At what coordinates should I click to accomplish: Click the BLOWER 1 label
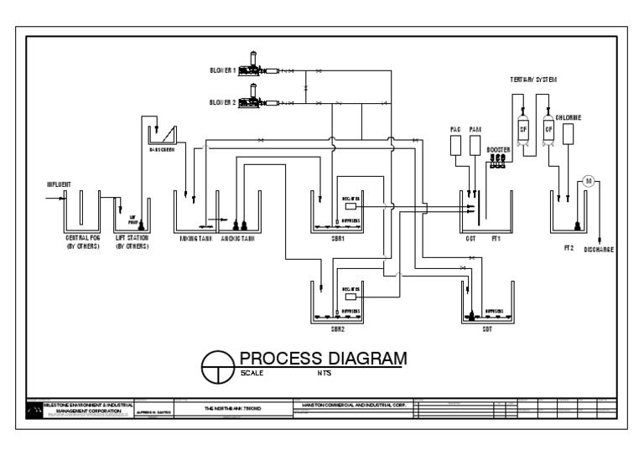coord(223,70)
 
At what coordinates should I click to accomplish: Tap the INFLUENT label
coord(59,184)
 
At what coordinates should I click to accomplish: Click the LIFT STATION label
coord(132,238)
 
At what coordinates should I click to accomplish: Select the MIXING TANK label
coord(194,238)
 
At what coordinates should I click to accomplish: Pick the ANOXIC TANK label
coord(237,238)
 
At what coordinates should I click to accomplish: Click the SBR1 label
coord(336,238)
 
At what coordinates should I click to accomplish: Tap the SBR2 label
coord(336,329)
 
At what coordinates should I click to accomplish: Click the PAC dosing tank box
coord(456,145)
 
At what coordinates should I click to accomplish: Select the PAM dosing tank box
coord(475,145)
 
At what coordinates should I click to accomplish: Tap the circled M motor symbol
coord(588,182)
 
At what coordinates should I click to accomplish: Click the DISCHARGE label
coord(600,249)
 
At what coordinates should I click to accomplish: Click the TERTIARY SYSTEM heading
coord(533,79)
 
